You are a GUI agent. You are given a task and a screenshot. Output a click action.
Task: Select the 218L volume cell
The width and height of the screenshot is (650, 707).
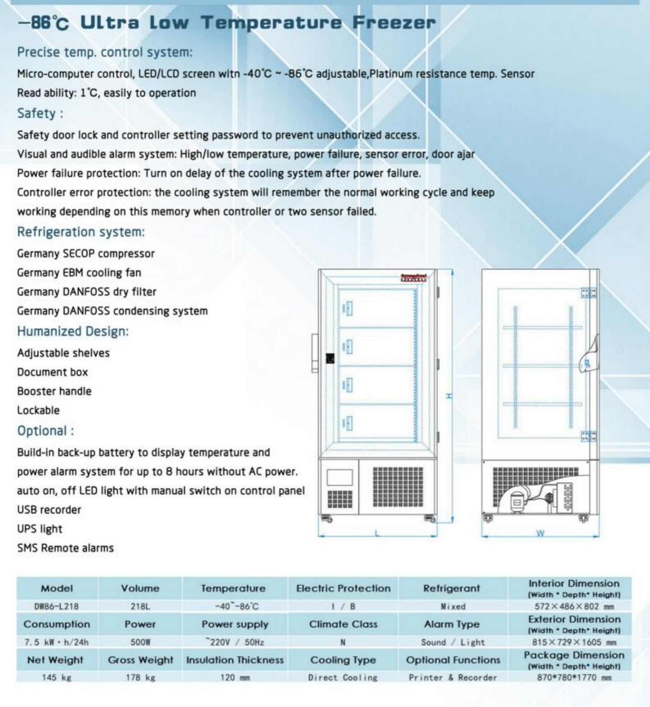pos(140,606)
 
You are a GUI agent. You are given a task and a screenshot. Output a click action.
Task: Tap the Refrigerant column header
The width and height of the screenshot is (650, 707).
pos(452,588)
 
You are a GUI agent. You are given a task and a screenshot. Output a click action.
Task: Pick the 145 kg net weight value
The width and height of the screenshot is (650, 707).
pos(56,677)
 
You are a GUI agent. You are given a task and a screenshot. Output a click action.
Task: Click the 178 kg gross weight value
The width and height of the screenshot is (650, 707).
pos(140,677)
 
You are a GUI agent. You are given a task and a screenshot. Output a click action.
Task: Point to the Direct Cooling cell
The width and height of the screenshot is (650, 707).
pos(343,677)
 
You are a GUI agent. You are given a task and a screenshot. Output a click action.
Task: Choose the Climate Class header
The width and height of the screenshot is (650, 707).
pos(343,624)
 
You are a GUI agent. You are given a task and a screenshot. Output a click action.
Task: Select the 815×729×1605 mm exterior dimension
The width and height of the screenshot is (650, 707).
pos(574,642)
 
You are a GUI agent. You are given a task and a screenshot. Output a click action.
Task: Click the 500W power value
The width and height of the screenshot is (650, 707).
pos(140,642)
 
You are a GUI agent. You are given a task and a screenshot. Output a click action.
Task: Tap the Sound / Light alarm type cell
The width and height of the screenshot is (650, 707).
pos(453,642)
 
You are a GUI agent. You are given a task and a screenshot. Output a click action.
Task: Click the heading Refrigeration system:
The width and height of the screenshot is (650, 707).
pos(81,232)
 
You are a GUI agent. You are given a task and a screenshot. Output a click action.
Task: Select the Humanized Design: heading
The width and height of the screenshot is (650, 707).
pos(73,331)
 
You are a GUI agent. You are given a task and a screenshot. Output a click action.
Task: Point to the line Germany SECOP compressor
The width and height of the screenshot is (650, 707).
pos(86,254)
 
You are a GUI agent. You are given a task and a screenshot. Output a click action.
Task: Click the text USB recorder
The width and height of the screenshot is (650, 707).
pos(49,510)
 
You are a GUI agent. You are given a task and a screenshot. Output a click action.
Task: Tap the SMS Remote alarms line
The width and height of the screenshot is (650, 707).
pos(65,548)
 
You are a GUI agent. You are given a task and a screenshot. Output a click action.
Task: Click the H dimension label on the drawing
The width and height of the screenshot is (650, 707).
pos(449,396)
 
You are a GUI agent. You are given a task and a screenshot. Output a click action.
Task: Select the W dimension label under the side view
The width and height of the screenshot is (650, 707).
pos(540,533)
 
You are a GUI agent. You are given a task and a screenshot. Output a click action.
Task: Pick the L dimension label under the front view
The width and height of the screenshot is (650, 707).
pos(377,533)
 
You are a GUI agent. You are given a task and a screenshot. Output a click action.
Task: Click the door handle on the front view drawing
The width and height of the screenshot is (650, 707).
pos(315,353)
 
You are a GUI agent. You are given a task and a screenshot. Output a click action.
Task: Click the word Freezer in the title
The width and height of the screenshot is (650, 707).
pos(394,23)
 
